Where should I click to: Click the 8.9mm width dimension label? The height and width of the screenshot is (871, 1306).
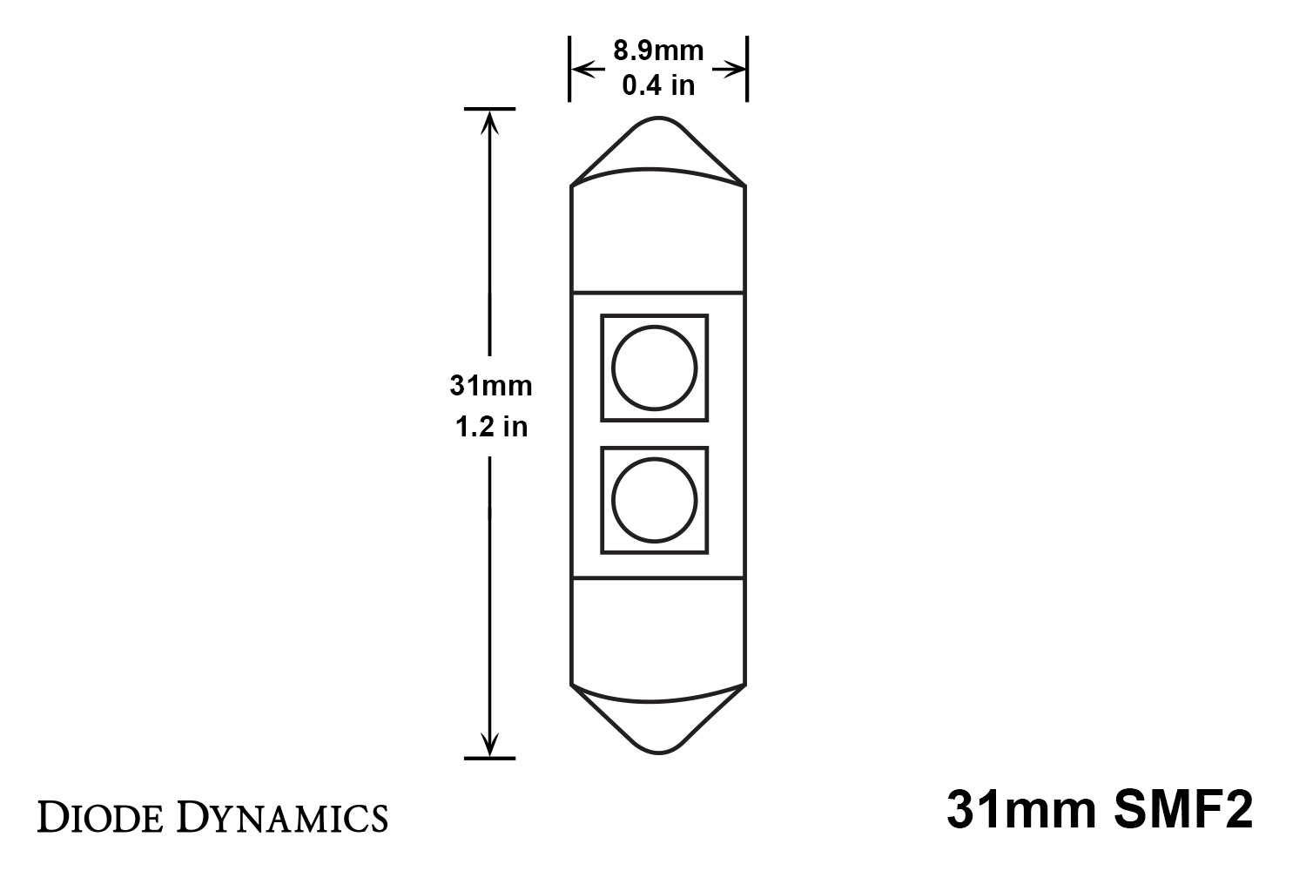[658, 51]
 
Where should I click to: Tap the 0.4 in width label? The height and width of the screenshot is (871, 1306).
[658, 85]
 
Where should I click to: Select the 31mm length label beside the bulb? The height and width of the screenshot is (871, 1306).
[491, 386]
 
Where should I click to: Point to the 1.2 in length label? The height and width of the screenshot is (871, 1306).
[491, 427]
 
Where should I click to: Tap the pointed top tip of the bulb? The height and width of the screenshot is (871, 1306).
[658, 118]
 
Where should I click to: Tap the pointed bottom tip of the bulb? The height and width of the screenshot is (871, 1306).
[658, 753]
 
